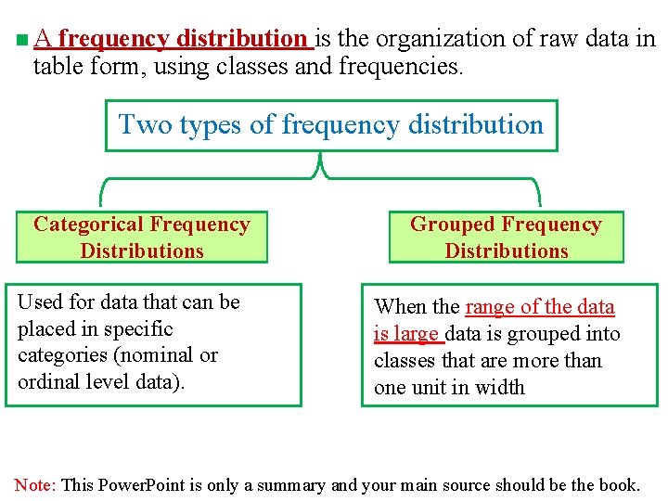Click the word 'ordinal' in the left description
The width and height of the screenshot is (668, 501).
pyautogui.click(x=48, y=381)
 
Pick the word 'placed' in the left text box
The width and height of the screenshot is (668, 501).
pyautogui.click(x=45, y=328)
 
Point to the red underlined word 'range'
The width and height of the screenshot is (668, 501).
pyautogui.click(x=491, y=307)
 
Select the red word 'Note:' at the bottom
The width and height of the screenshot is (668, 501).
pyautogui.click(x=36, y=484)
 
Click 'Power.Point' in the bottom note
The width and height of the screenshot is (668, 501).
pyautogui.click(x=142, y=484)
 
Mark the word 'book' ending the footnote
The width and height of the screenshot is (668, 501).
pyautogui.click(x=618, y=484)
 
